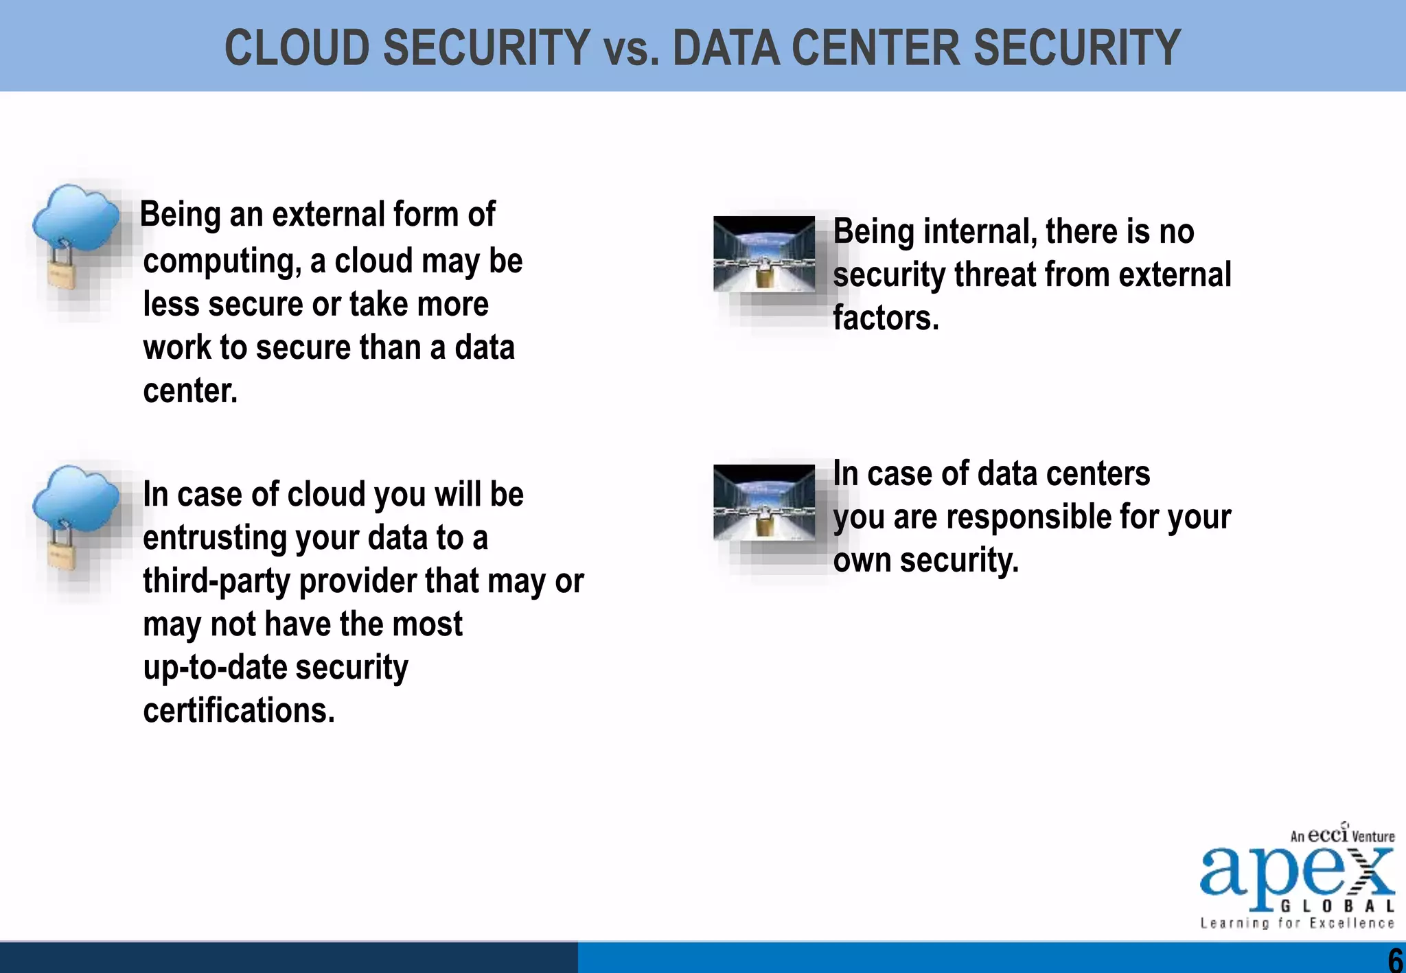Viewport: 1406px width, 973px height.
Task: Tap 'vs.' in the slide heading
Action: [x=631, y=49]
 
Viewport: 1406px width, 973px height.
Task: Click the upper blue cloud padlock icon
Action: [x=74, y=236]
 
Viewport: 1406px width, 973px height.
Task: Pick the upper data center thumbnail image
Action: [x=764, y=254]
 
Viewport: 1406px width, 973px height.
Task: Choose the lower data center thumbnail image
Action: [x=764, y=502]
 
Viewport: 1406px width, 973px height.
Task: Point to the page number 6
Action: [x=1395, y=959]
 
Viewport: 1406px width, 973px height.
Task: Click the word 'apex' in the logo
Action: [x=1284, y=873]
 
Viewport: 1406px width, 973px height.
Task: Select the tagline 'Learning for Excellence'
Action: [x=1297, y=924]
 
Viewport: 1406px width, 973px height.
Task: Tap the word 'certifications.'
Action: [x=239, y=710]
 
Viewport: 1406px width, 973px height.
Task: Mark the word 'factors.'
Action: [x=886, y=318]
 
